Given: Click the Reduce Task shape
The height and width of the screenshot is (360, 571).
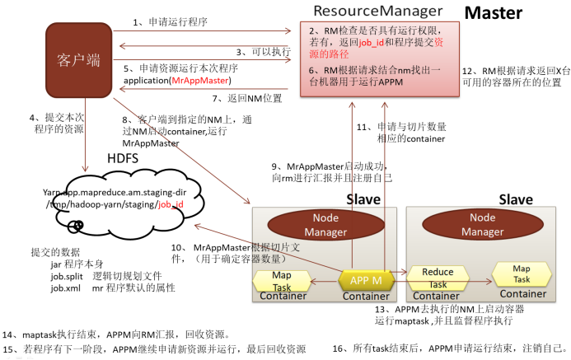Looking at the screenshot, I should tap(438, 278).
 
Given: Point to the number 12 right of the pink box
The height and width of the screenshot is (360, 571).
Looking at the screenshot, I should tap(466, 72).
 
